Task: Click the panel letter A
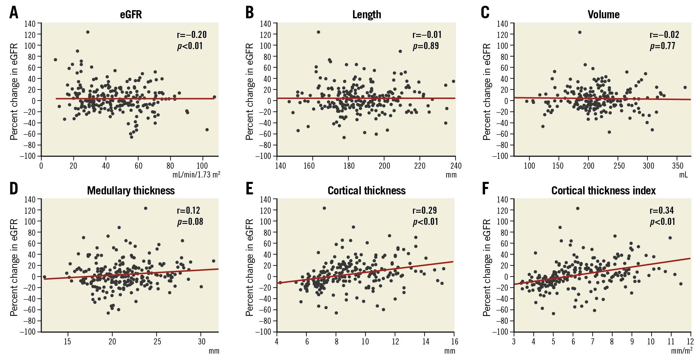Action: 14,13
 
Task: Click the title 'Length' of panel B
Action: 367,15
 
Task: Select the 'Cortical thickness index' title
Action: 604,191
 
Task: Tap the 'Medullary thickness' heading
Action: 131,191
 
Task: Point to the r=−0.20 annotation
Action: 192,35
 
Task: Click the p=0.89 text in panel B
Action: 425,46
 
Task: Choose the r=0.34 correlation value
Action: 662,210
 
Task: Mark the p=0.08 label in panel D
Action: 190,221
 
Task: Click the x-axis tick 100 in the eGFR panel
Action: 202,166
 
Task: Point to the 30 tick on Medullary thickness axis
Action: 201,341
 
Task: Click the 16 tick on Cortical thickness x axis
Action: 455,341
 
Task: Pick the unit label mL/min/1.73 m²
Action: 196,175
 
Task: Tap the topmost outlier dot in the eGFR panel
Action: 88,32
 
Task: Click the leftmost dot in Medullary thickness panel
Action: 44,277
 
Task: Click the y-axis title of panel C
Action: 487,91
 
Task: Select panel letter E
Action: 249,189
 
